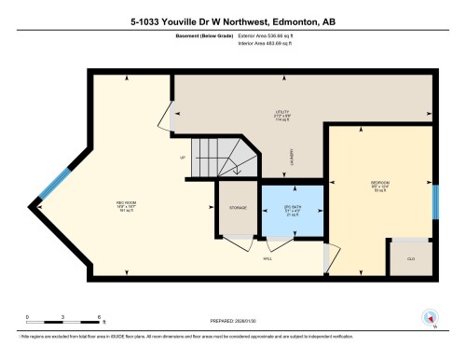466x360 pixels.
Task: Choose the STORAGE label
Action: click(238, 208)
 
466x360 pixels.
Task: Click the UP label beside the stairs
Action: click(182, 158)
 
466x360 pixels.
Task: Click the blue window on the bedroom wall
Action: click(434, 201)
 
